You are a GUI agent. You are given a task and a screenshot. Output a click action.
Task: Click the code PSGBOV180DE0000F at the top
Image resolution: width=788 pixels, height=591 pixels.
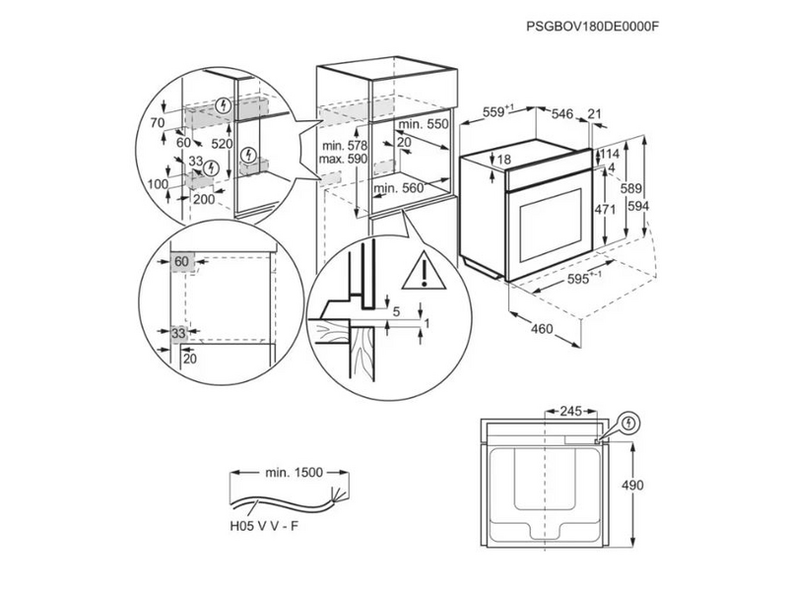click(593, 27)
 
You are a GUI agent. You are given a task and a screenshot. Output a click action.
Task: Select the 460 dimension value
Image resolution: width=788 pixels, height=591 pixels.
click(541, 329)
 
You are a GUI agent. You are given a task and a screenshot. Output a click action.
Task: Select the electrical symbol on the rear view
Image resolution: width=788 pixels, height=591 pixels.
click(628, 423)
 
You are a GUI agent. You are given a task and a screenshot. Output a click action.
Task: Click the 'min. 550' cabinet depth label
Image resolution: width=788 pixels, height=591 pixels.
click(423, 125)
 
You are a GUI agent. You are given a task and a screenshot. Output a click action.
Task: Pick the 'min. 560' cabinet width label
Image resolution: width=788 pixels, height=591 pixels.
click(400, 186)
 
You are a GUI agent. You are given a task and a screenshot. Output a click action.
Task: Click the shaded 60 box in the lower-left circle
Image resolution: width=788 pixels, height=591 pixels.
click(181, 261)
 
